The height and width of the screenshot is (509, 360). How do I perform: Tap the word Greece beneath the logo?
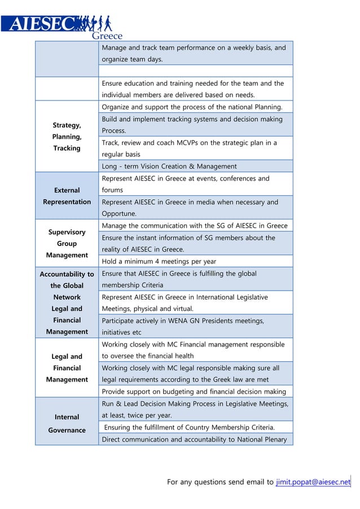tap(107, 36)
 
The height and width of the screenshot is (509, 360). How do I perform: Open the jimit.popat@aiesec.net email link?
tap(313, 481)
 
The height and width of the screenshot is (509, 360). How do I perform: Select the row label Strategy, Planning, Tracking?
tap(67, 137)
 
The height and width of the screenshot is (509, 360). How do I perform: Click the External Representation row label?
tap(67, 196)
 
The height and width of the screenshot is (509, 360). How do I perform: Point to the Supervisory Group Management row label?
tap(67, 243)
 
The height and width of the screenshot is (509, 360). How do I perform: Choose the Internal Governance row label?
tap(67, 423)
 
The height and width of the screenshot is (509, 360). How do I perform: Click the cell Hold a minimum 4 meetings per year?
tap(159, 261)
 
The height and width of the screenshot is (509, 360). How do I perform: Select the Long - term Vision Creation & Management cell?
tap(169, 166)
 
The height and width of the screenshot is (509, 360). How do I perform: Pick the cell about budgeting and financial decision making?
tap(194, 392)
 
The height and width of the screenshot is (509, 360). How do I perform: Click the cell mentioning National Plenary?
tap(194, 440)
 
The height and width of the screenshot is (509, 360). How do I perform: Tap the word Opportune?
tap(119, 214)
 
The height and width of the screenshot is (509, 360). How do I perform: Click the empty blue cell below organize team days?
tap(195, 71)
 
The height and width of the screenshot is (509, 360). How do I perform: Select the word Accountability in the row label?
tap(67, 274)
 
